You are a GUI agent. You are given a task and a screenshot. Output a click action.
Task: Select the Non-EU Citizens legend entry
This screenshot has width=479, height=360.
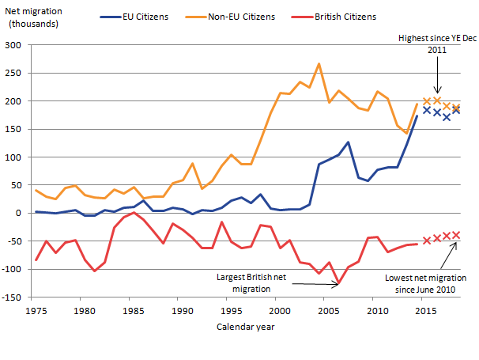tap(241, 16)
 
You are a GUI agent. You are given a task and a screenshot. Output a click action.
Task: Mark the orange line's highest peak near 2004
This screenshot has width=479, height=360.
tap(319, 64)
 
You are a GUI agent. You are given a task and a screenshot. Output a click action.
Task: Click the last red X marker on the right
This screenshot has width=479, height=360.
tap(456, 235)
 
